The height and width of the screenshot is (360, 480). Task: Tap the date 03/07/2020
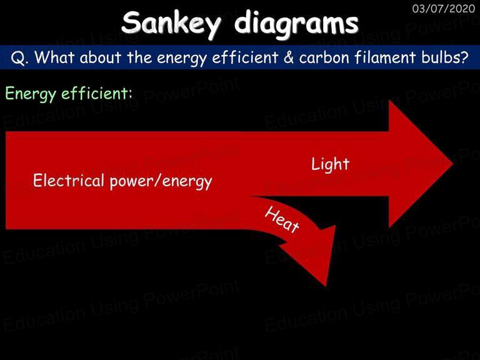pos(444,9)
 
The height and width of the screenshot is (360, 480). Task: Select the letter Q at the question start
pos(17,57)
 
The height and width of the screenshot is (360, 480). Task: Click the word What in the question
pos(54,57)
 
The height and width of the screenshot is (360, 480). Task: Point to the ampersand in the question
pos(288,57)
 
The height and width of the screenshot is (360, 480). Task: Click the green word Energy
pos(31,94)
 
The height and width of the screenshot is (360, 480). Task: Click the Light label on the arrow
pos(330,164)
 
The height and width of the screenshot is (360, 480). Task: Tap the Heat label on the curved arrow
pos(282,219)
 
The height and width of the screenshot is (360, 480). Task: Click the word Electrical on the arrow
pos(69,180)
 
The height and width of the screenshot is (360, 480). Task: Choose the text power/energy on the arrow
pos(161,181)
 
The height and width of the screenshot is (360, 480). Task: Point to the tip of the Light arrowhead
pos(452,164)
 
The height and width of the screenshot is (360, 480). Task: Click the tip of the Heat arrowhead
pos(326,286)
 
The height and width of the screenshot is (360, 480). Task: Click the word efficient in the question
pos(245,57)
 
